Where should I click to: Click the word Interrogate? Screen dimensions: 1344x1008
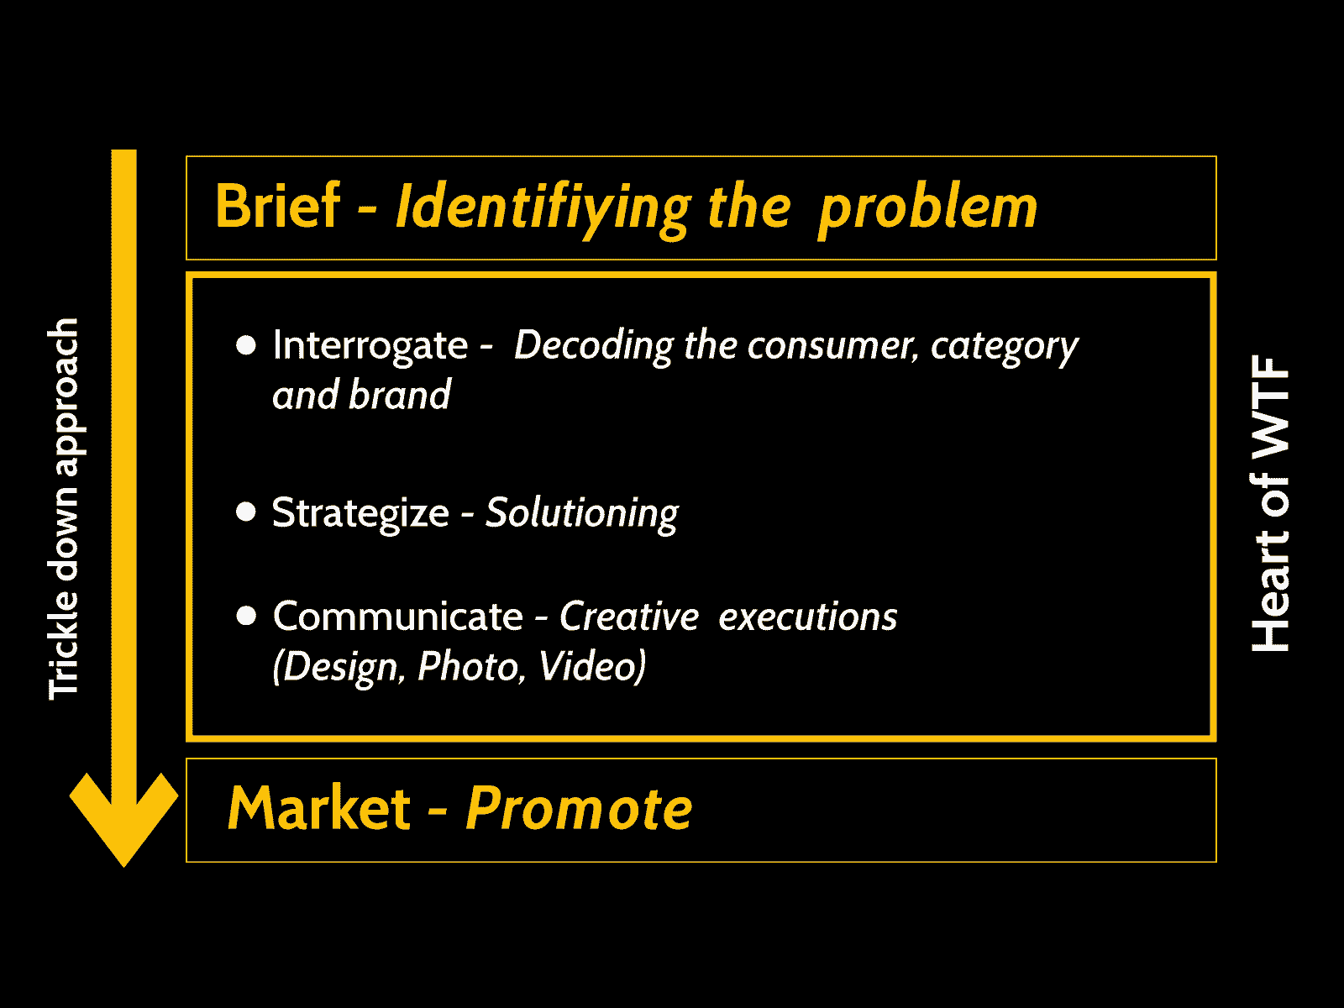[x=370, y=346]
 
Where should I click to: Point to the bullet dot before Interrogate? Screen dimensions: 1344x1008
[x=246, y=345]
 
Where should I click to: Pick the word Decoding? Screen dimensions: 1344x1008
[x=594, y=346]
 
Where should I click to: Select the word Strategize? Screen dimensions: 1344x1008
[x=360, y=513]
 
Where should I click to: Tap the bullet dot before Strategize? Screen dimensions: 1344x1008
[x=246, y=512]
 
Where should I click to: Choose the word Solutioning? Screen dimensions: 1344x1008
[x=581, y=513]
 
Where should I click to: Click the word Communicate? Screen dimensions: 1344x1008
[x=398, y=616]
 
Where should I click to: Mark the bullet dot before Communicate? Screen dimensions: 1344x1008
[x=246, y=616]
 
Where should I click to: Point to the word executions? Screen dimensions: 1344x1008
[x=807, y=617]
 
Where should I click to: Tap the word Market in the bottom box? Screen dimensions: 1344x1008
[x=319, y=808]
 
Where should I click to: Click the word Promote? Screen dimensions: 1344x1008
[x=580, y=808]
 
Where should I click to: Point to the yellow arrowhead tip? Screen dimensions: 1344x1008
[x=123, y=867]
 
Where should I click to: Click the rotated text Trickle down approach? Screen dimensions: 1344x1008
[x=64, y=509]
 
